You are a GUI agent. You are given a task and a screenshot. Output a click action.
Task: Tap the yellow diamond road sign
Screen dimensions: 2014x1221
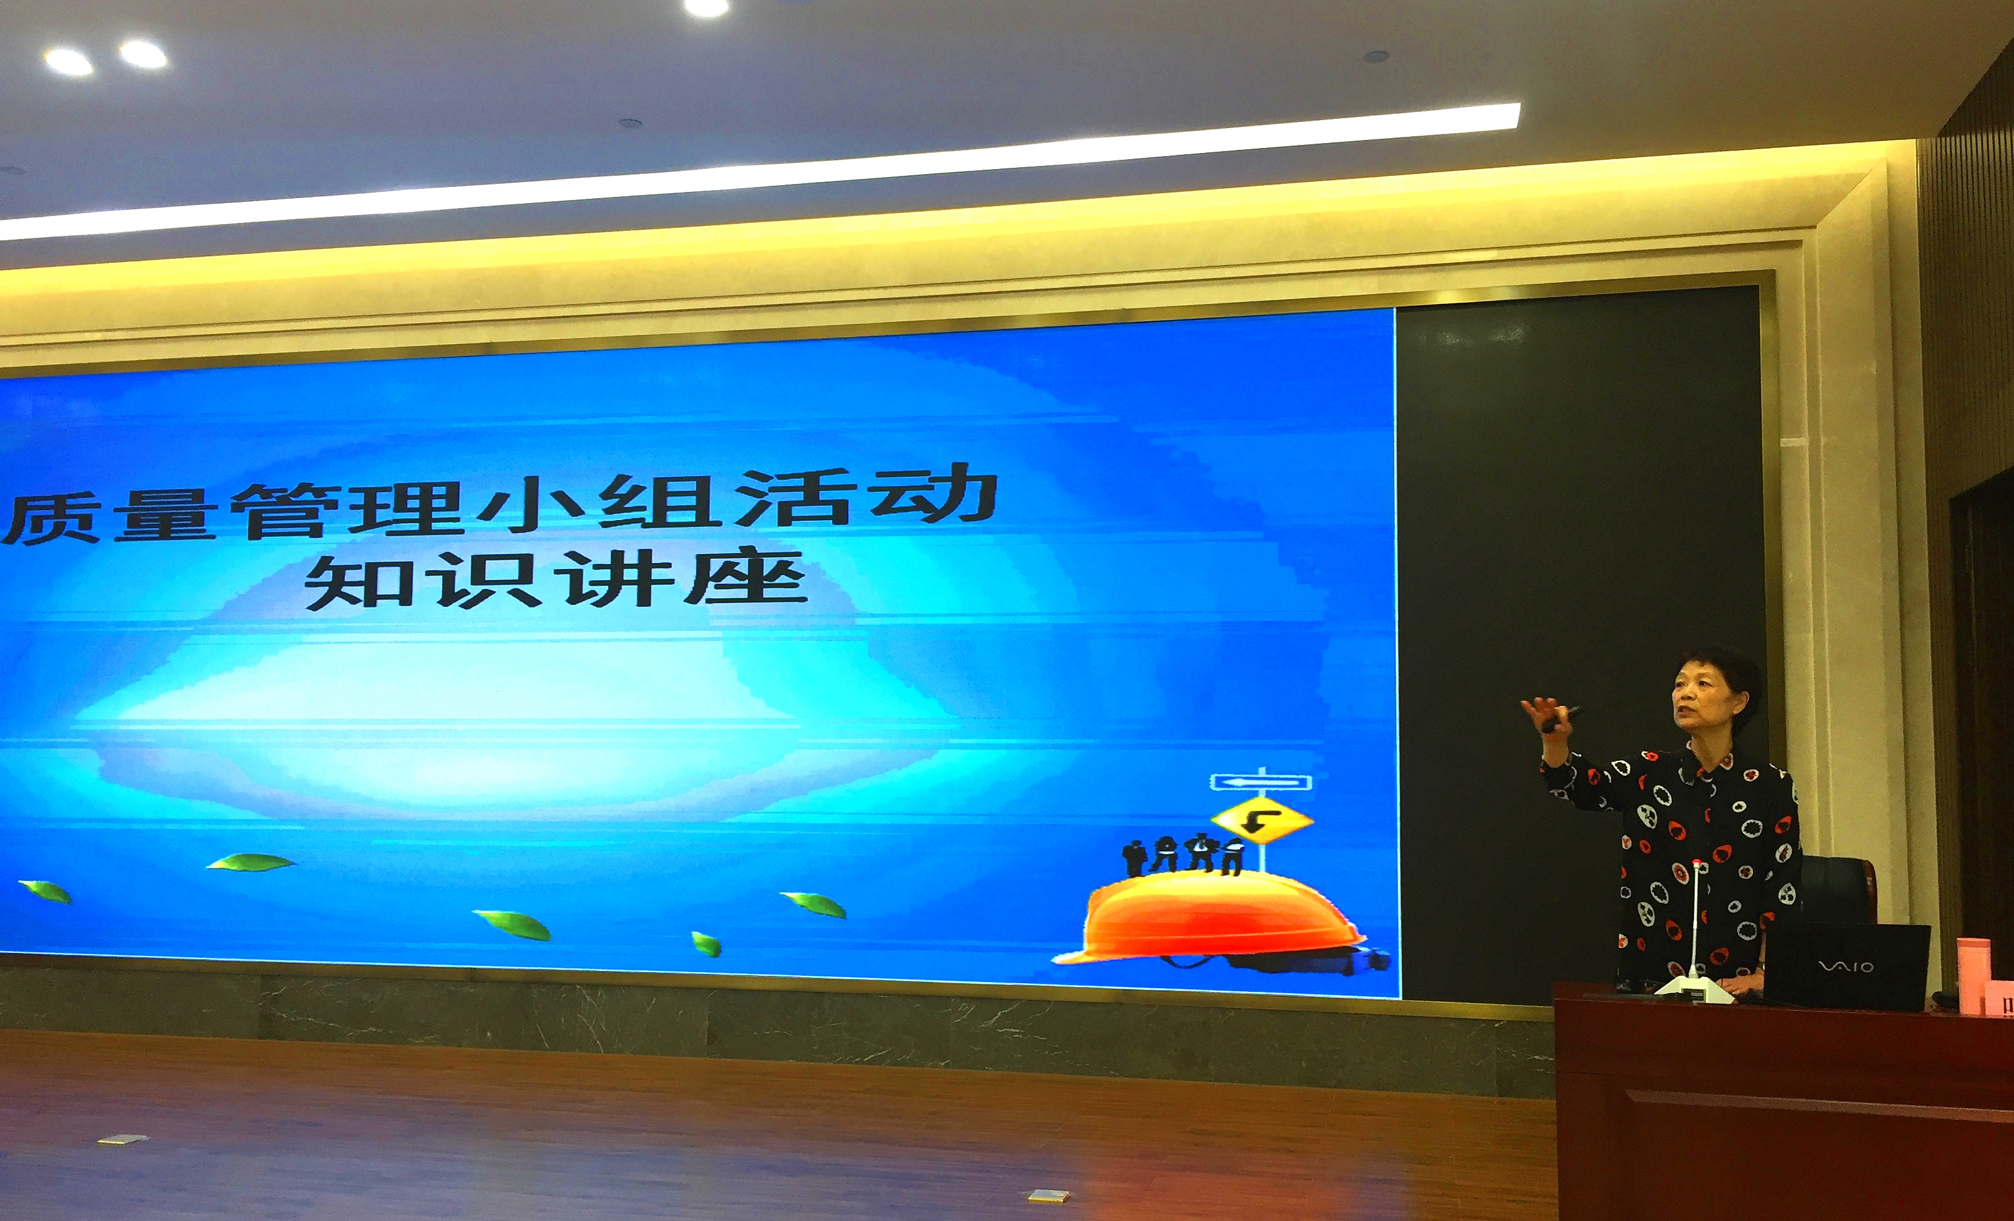click(x=1261, y=820)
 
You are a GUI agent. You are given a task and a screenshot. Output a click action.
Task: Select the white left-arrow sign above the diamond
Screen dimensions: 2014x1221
click(x=1261, y=782)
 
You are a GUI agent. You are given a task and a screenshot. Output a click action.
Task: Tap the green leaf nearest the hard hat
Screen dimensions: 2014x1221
click(x=814, y=904)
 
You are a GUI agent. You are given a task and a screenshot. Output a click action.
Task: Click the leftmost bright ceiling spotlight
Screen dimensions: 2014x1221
click(x=69, y=62)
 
